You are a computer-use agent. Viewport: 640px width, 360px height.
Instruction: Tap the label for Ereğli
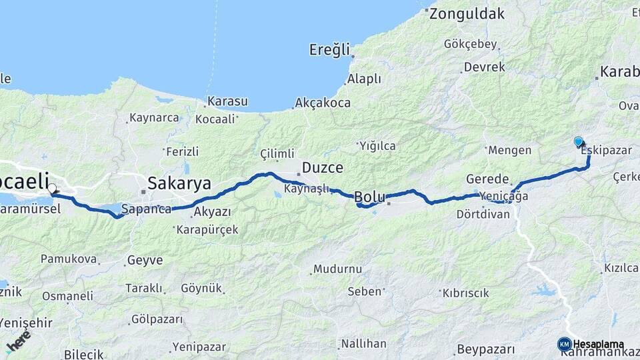pyautogui.click(x=329, y=49)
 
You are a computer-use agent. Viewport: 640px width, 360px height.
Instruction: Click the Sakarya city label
pyautogui.click(x=179, y=183)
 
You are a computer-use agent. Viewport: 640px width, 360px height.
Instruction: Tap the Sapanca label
pyautogui.click(x=146, y=209)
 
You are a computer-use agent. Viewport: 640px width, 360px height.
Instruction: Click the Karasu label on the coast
pyautogui.click(x=227, y=101)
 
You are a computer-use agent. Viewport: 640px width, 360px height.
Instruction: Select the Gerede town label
pyautogui.click(x=487, y=179)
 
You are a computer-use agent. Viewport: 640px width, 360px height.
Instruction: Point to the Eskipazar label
pyautogui.click(x=606, y=151)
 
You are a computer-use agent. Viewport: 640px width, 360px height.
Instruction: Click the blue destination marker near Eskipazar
pyautogui.click(x=578, y=141)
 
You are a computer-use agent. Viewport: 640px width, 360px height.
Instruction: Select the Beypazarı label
pyautogui.click(x=486, y=349)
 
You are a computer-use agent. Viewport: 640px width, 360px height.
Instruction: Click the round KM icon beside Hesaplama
pyautogui.click(x=564, y=344)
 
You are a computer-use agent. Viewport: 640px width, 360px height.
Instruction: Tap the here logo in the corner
pyautogui.click(x=19, y=341)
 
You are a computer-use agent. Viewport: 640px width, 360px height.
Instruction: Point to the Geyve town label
pyautogui.click(x=145, y=260)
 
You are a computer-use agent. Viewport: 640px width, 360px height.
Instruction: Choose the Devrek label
pyautogui.click(x=484, y=67)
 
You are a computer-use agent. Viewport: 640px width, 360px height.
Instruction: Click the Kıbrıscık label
pyautogui.click(x=466, y=293)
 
